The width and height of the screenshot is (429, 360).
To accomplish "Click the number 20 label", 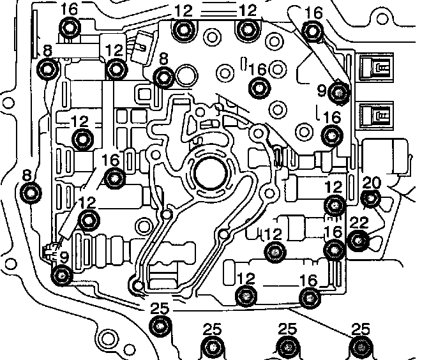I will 371,183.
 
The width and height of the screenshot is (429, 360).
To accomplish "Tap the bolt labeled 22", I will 358,241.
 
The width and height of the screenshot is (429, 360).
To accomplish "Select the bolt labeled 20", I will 371,200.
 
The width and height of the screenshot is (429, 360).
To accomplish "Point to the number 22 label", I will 360,222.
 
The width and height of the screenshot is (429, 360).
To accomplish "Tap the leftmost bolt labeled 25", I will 159,326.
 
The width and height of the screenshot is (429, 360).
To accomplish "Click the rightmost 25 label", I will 361,329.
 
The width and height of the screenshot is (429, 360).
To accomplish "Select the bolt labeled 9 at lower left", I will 61,276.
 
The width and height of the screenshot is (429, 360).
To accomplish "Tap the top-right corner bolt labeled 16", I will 312,31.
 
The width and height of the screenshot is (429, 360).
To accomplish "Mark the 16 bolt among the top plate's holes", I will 259,86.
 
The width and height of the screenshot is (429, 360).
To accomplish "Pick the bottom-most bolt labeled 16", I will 308,297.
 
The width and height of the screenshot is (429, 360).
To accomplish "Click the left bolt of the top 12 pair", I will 184,29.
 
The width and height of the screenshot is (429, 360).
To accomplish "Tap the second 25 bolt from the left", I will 212,348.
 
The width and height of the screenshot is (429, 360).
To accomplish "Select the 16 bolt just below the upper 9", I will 331,135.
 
